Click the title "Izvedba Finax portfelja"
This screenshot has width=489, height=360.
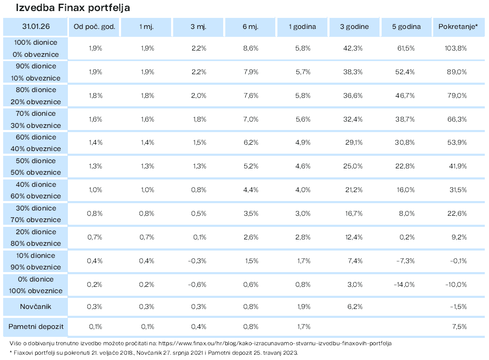point(73,7)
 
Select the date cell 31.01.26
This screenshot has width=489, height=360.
point(36,26)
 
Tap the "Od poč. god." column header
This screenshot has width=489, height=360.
point(94,27)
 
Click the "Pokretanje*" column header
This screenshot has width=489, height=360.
point(458,26)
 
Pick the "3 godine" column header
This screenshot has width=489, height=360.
point(354,27)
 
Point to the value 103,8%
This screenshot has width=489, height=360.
point(456,48)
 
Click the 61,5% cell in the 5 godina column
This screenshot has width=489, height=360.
point(406,48)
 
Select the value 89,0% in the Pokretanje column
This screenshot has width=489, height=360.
point(457,72)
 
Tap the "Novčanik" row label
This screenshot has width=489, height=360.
point(36,307)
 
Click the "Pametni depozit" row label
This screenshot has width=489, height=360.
point(36,327)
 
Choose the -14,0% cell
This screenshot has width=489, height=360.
point(404,285)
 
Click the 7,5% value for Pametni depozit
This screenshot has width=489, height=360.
point(460,327)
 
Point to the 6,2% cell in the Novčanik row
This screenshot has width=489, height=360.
point(355,307)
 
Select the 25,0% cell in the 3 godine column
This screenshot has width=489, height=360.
point(353,166)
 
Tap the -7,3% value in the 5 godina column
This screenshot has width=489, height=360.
point(405,261)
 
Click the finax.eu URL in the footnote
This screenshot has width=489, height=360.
point(275,344)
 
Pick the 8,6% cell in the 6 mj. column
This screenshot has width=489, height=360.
point(251,48)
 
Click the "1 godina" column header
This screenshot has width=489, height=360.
point(302,27)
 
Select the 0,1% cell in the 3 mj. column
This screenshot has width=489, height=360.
point(199,237)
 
